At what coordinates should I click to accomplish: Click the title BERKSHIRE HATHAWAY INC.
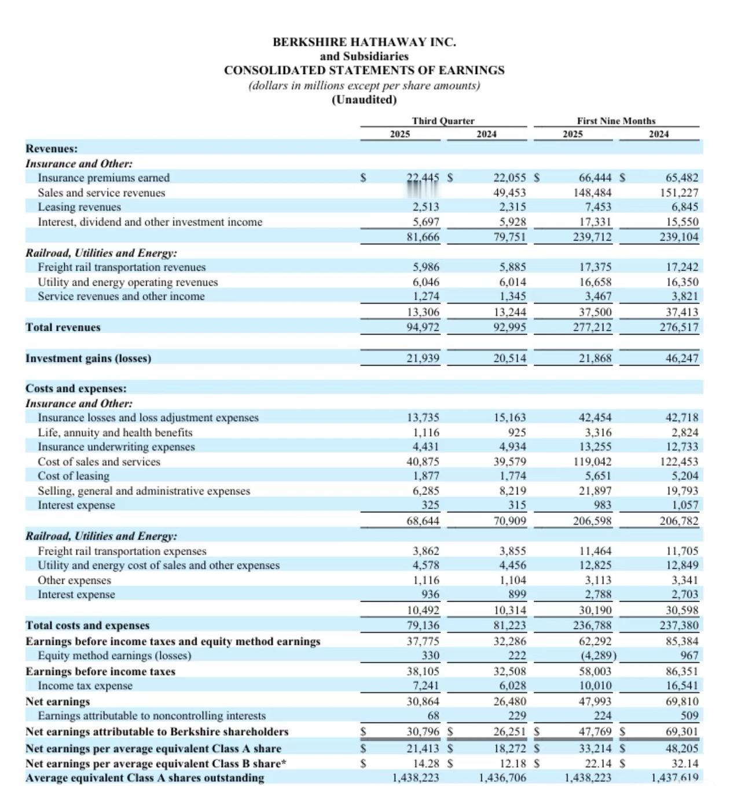pyautogui.click(x=364, y=42)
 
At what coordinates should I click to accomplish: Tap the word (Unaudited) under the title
pyautogui.click(x=364, y=99)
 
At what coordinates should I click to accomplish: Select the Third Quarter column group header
pyautogui.click(x=443, y=121)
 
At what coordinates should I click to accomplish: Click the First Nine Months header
pyautogui.click(x=616, y=121)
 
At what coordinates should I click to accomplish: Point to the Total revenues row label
pyautogui.click(x=63, y=327)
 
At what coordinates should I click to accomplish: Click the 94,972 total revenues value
pyautogui.click(x=423, y=327)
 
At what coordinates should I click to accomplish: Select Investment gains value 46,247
pyautogui.click(x=682, y=359)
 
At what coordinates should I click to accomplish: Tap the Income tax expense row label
pyautogui.click(x=85, y=686)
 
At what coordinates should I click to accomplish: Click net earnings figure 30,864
pyautogui.click(x=423, y=702)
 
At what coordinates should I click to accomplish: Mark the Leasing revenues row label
pyautogui.click(x=79, y=207)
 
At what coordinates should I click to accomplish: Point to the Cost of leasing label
pyautogui.click(x=74, y=476)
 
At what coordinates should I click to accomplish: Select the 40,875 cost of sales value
pyautogui.click(x=423, y=462)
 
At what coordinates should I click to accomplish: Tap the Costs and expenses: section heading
pyautogui.click(x=76, y=389)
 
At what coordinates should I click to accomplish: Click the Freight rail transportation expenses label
pyautogui.click(x=122, y=551)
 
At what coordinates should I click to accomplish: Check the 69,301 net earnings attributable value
pyautogui.click(x=682, y=732)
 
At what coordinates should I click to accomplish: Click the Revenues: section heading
pyautogui.click(x=52, y=149)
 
